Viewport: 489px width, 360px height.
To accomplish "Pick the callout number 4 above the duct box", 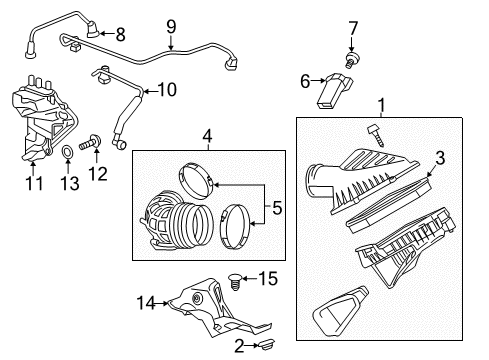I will point(206,135).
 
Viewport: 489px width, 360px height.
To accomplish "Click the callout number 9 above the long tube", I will point(171,25).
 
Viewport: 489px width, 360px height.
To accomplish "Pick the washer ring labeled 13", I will point(66,153).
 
